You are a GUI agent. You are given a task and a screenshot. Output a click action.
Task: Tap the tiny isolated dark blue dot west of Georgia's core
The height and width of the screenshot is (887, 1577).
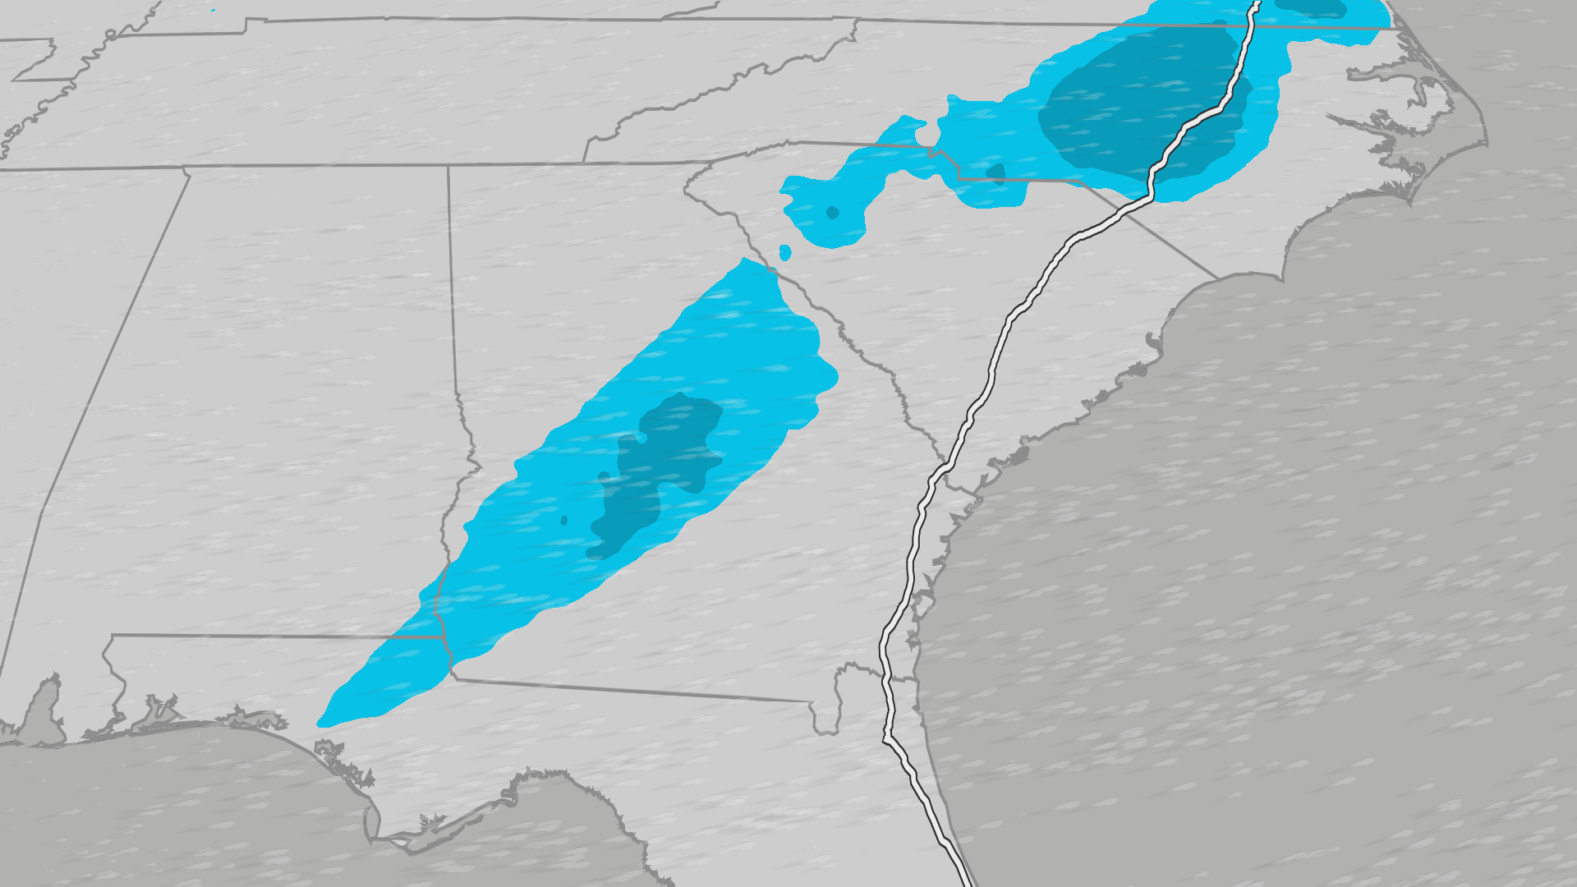pos(563,520)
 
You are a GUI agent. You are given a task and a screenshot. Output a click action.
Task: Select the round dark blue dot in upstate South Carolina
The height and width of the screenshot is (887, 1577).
pos(832,213)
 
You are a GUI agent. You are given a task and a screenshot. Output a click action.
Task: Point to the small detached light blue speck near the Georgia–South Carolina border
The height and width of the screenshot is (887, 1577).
pos(784,252)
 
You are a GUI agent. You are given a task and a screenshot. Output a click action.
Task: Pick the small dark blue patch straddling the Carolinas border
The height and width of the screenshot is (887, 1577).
pos(995,173)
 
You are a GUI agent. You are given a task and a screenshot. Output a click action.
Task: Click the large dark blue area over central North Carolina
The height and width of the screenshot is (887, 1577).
pos(1142,107)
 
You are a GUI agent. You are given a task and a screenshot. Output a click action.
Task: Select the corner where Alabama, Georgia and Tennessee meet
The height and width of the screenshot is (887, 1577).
pos(448,167)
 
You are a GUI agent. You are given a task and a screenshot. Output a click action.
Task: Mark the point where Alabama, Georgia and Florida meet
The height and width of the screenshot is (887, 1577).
pos(451,675)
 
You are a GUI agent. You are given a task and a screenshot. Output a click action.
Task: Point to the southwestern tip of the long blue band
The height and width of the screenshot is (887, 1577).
pos(322,724)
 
